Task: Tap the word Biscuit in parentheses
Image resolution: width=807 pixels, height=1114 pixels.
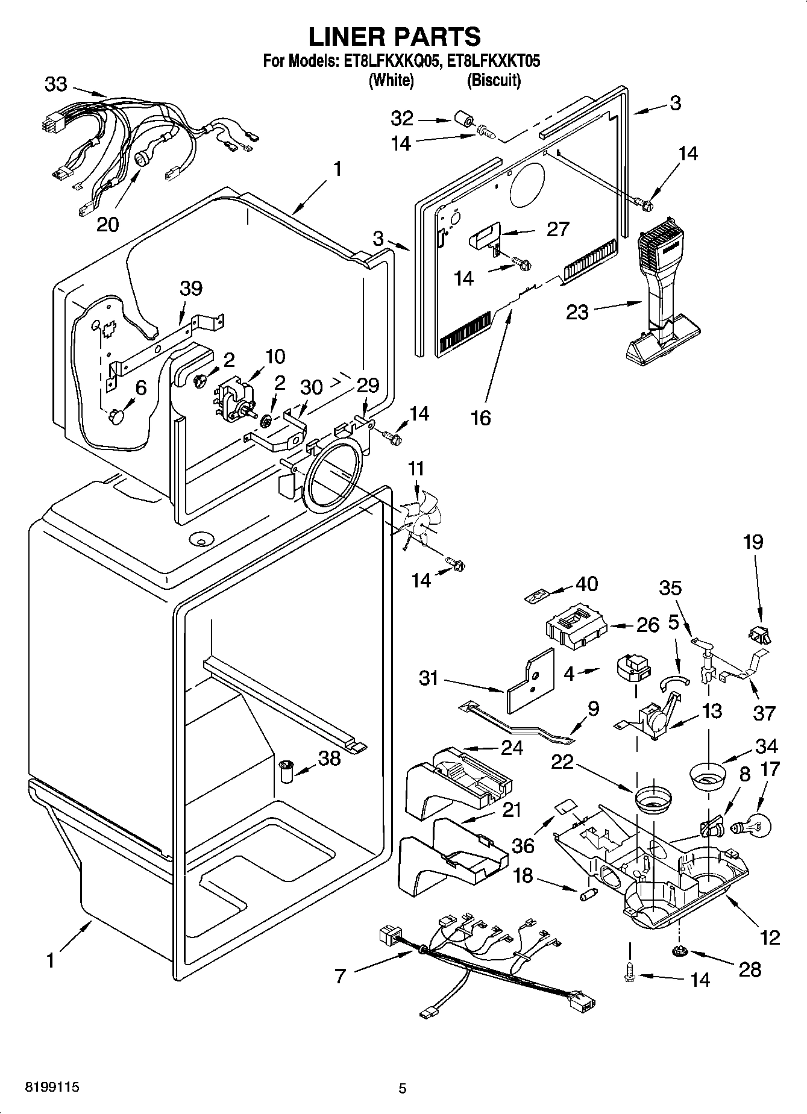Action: click(x=494, y=80)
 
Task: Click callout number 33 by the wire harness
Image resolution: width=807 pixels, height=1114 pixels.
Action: click(x=55, y=84)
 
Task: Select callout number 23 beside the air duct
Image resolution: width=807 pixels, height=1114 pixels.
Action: click(x=577, y=312)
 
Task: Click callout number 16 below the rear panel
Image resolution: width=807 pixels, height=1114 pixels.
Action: click(x=481, y=417)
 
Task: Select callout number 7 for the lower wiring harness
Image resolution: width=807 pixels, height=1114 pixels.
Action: click(x=341, y=975)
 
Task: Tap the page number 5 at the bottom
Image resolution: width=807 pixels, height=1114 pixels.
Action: click(x=403, y=1088)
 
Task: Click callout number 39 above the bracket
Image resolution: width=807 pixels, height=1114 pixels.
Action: click(x=190, y=288)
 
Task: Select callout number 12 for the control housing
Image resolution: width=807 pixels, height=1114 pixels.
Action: click(x=770, y=937)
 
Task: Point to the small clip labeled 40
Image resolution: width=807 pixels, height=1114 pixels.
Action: click(x=534, y=596)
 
